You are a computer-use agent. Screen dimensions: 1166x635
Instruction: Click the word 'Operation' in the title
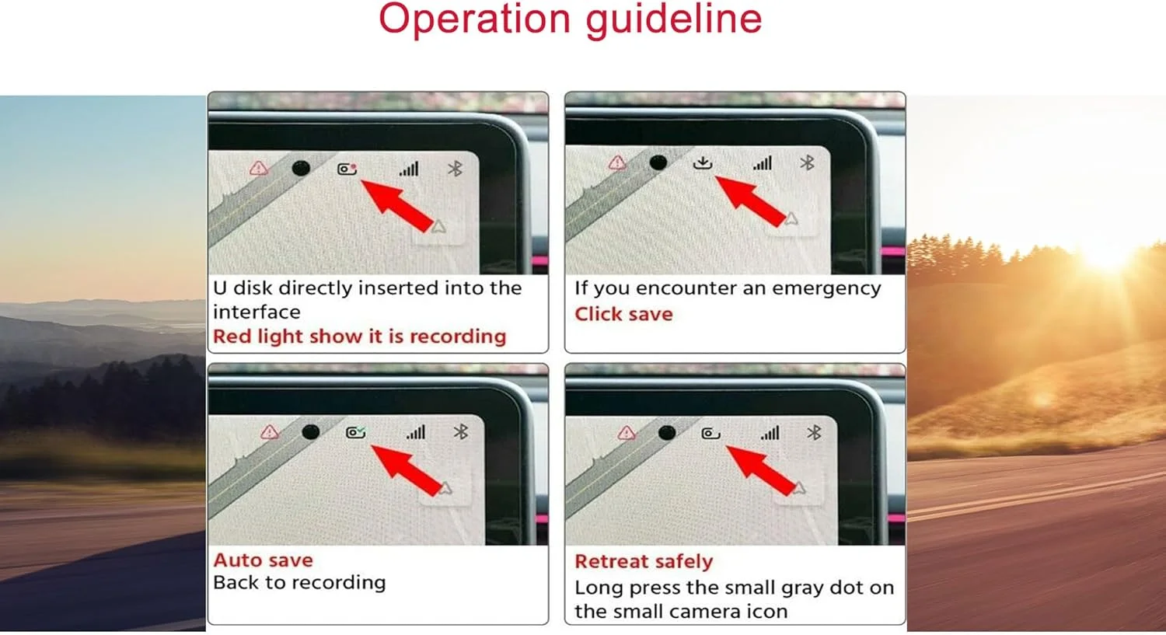[474, 19]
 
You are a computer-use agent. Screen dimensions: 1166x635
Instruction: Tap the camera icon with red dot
[347, 169]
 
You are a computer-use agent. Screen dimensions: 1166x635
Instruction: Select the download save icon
[703, 163]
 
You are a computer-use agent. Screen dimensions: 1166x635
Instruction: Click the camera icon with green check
[356, 432]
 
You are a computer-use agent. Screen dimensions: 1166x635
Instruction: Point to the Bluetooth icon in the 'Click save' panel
[808, 163]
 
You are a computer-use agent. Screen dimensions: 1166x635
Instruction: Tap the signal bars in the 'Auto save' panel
[416, 432]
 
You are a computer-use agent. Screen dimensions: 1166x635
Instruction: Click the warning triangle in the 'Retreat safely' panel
[627, 432]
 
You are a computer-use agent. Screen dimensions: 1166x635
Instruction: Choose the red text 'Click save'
[623, 314]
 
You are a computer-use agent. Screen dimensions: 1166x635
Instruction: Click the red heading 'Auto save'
[264, 560]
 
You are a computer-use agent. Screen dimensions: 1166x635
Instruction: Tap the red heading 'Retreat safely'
[644, 561]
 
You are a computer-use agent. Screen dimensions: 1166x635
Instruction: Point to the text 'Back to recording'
[300, 583]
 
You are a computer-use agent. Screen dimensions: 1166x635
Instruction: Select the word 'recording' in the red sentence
[458, 337]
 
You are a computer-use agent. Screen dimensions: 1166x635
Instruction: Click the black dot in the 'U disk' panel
[301, 168]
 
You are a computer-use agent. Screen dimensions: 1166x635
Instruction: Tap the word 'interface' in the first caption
[257, 312]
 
